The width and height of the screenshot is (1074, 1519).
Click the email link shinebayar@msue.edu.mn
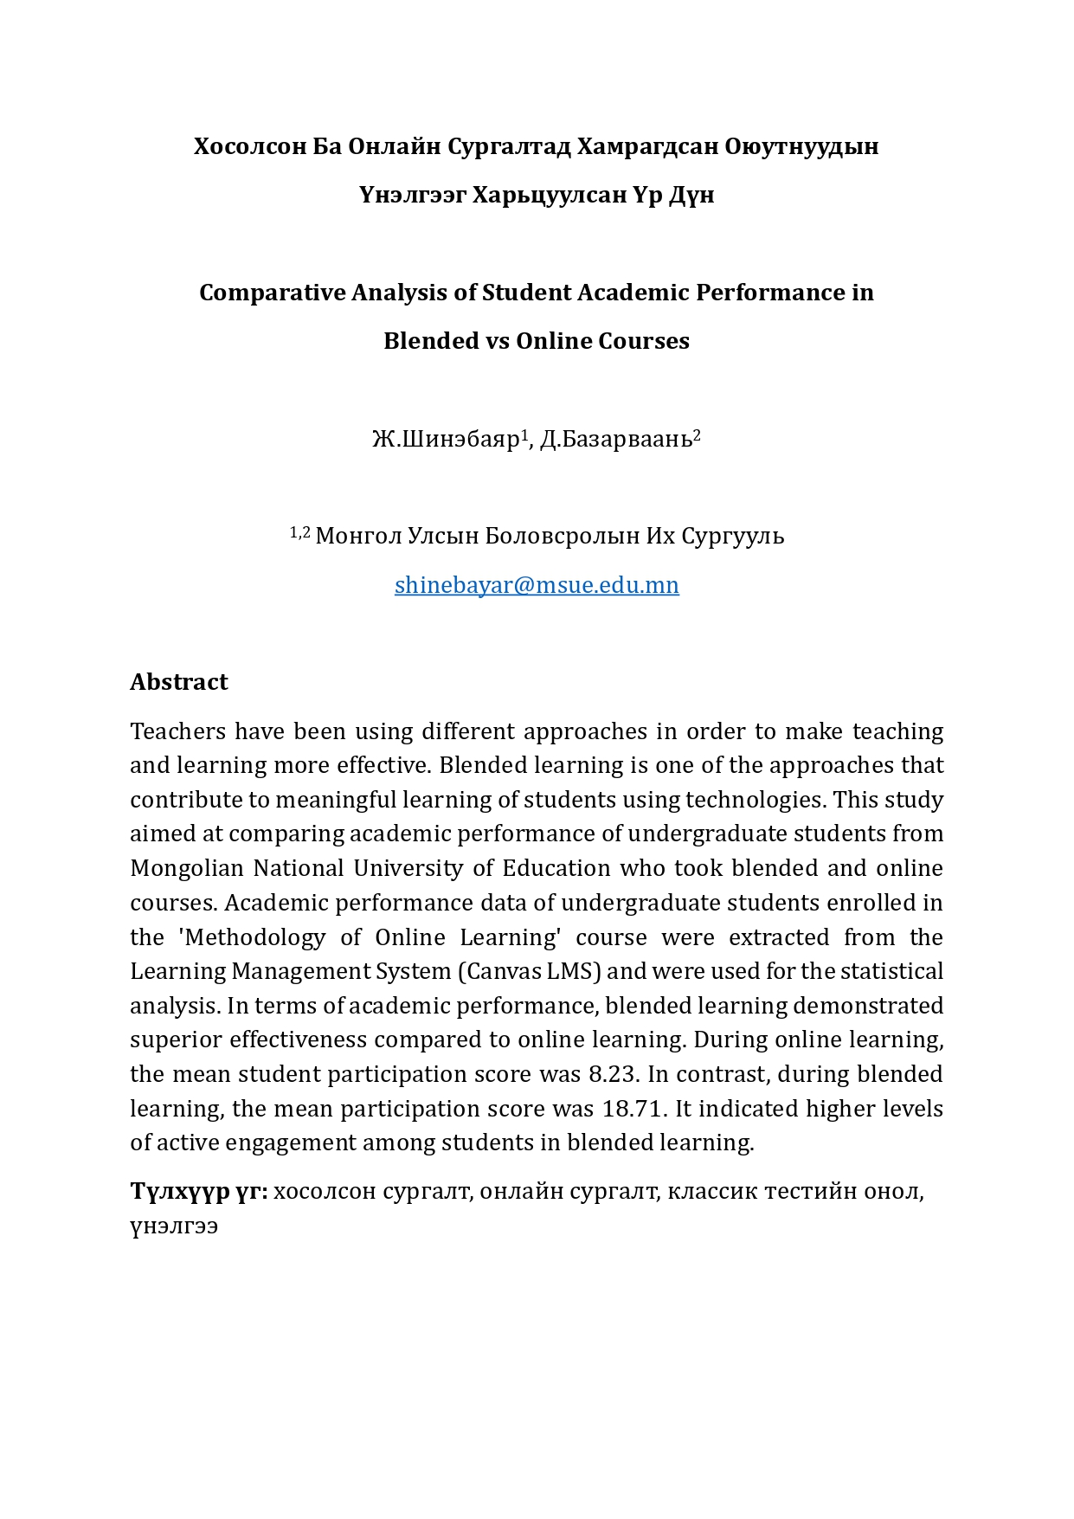pos(537,585)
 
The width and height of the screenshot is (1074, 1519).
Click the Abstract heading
pos(179,682)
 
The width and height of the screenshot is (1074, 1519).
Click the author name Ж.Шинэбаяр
pos(446,440)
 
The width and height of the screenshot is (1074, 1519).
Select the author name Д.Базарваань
pos(616,440)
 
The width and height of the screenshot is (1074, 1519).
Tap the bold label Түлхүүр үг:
pos(199,1192)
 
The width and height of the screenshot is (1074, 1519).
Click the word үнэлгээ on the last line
pos(174,1226)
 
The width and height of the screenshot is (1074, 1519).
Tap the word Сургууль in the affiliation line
pos(733,537)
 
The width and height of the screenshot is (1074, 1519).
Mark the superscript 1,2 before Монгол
pos(299,532)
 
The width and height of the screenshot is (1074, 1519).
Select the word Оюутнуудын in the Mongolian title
pos(801,146)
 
